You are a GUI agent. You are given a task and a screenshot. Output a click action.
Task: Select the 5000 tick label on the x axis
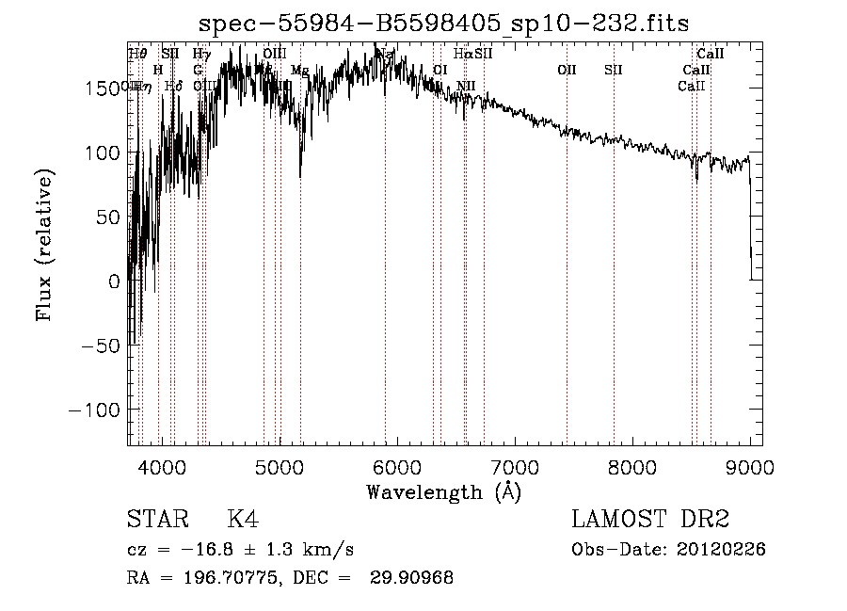280,465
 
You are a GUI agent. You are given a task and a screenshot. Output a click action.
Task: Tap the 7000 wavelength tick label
515,465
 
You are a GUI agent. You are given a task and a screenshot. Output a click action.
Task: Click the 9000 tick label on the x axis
750,465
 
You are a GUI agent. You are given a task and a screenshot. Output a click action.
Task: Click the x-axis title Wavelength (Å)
443,491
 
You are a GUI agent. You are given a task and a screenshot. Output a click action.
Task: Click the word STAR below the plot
156,520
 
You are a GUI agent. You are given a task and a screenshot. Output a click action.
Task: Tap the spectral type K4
242,520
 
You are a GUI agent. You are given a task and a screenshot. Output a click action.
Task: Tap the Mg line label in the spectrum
299,71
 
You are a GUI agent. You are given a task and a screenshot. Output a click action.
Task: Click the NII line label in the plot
466,87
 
